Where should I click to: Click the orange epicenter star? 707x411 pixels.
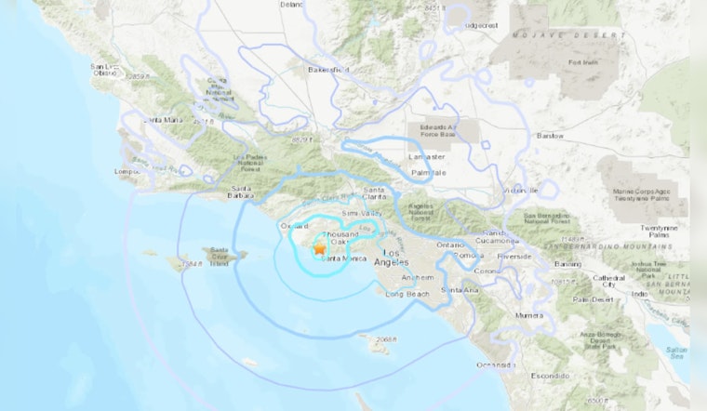click(x=319, y=249)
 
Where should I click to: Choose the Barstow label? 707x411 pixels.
click(x=550, y=136)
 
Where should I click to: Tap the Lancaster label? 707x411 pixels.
click(x=427, y=157)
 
